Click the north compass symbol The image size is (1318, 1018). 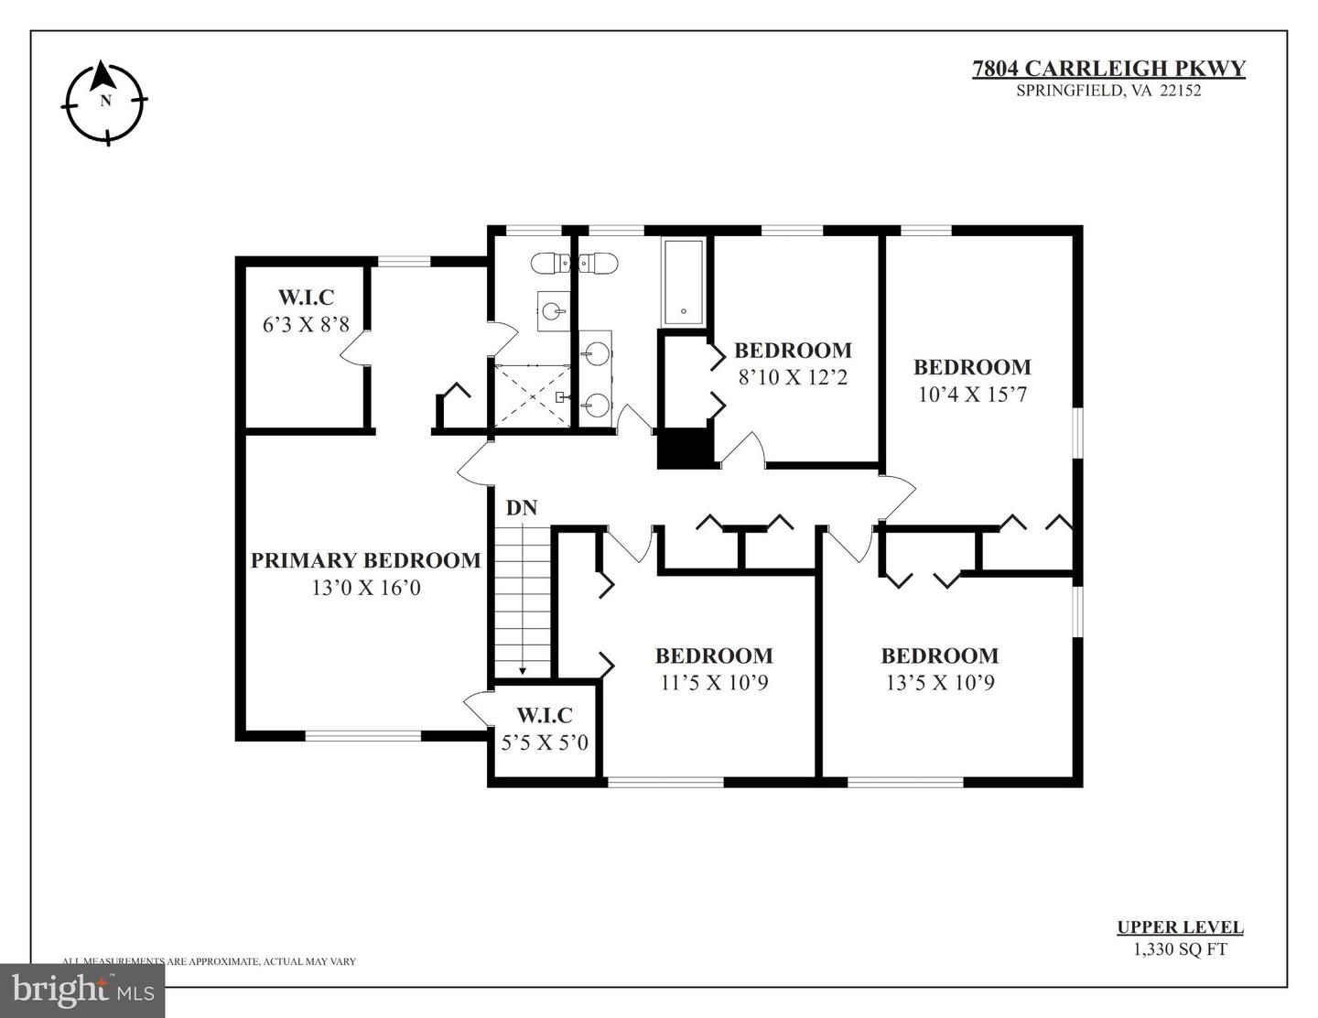tap(104, 102)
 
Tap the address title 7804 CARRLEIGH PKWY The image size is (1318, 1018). tap(1108, 69)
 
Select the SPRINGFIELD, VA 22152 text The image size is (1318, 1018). tap(1108, 91)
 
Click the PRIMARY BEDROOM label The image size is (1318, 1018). tap(365, 560)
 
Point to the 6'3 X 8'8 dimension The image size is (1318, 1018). tap(306, 324)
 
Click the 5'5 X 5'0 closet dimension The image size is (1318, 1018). tap(545, 742)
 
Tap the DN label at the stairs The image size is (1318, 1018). tap(522, 507)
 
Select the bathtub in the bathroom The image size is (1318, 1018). tap(683, 282)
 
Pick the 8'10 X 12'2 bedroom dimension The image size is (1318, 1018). tap(793, 376)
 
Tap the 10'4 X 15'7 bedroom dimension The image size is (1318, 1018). tap(972, 394)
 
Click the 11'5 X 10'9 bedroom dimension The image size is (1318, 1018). tap(714, 682)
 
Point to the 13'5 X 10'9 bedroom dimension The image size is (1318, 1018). tap(940, 682)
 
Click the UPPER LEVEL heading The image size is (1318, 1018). tap(1180, 927)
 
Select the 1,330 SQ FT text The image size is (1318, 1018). tap(1180, 949)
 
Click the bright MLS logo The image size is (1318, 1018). tap(82, 990)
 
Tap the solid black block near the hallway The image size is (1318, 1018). tap(686, 449)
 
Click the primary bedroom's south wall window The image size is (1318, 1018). tap(363, 734)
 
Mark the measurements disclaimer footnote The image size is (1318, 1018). tap(209, 961)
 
